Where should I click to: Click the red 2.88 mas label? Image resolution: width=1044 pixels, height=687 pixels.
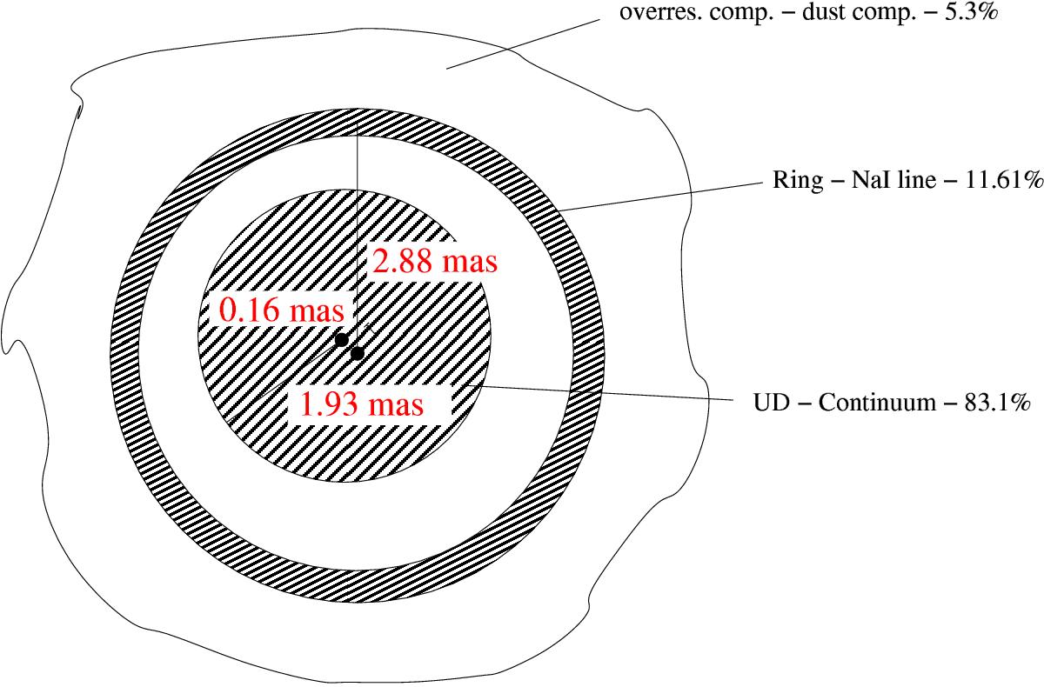435,261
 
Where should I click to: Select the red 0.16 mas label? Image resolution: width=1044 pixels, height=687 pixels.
282,310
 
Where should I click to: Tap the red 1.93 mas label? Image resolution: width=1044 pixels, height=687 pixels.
362,404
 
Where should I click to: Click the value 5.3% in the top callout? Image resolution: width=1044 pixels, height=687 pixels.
971,11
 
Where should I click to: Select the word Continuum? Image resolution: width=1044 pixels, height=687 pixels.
877,403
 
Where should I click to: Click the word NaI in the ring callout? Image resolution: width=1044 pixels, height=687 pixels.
870,179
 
